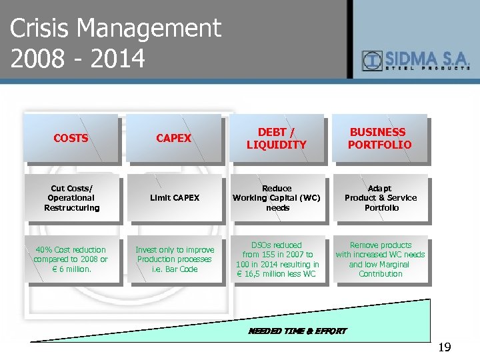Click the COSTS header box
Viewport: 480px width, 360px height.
(x=71, y=138)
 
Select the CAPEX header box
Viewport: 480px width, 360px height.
(x=173, y=138)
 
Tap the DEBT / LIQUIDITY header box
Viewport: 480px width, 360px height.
(x=277, y=138)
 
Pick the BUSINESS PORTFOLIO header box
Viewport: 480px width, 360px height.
(x=380, y=138)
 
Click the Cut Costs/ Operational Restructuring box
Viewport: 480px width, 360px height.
(x=71, y=198)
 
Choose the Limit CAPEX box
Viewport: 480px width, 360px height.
(x=174, y=198)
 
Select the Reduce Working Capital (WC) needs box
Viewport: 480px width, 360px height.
(x=277, y=198)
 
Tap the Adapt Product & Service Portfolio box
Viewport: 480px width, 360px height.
(x=380, y=198)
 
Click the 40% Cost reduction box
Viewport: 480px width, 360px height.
(x=71, y=259)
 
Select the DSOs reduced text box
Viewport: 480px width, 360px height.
(x=277, y=259)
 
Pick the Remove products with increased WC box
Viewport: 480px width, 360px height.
(x=380, y=259)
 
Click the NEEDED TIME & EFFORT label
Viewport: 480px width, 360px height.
(x=297, y=331)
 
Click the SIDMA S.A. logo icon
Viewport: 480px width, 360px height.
(x=371, y=61)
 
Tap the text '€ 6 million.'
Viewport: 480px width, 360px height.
(x=71, y=269)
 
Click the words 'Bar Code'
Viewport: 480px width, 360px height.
(x=183, y=269)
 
